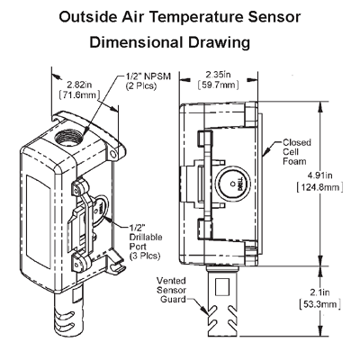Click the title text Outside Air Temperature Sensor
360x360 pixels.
[x=180, y=16]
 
